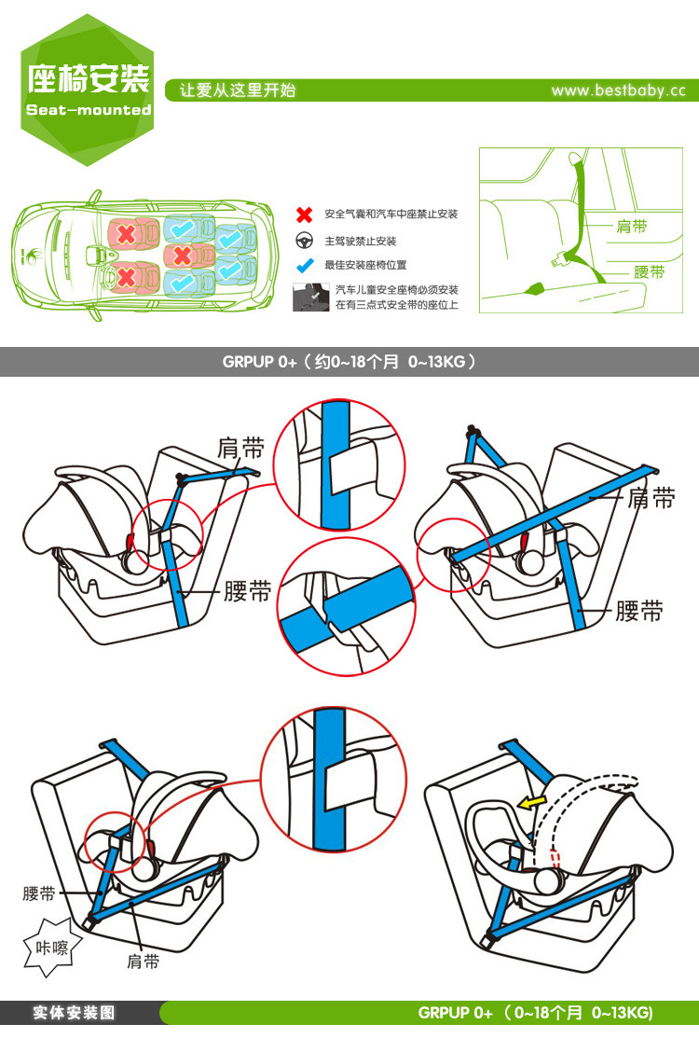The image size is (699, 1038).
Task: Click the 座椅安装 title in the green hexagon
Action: coord(89,78)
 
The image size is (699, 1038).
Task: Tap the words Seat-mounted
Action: coord(89,110)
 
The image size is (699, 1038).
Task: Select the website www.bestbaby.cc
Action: coord(618,90)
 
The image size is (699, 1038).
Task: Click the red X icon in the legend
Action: coord(304,215)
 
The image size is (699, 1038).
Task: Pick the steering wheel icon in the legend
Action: coord(304,241)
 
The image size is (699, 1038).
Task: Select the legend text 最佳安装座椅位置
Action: coord(365,266)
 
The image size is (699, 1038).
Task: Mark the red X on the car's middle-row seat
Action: coord(183,254)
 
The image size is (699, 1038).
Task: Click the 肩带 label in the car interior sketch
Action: coord(632,226)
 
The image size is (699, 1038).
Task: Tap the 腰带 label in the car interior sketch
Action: coord(649,272)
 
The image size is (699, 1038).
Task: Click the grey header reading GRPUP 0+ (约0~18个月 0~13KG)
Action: coord(349,362)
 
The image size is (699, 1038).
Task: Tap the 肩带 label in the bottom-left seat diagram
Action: coord(143,962)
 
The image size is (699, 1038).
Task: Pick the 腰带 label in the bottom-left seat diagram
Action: coord(39,893)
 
